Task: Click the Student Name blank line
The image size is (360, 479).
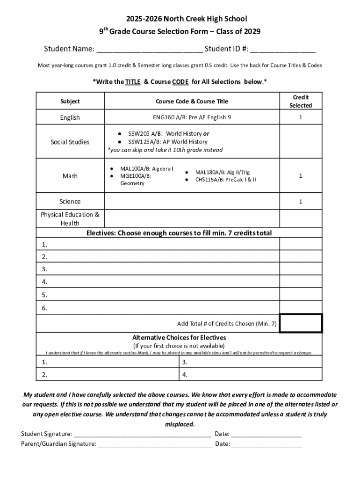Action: pos(150,50)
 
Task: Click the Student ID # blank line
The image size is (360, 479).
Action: pos(285,50)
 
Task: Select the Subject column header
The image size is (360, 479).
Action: pos(70,102)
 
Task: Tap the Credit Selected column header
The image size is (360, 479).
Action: pos(301,102)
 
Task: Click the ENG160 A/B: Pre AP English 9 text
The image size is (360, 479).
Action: pos(192,117)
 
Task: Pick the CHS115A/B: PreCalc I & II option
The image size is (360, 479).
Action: pos(225,179)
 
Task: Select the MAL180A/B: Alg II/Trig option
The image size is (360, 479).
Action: pos(222,172)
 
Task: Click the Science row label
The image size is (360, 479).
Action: pos(70,202)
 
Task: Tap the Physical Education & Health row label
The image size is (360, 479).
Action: pos(70,219)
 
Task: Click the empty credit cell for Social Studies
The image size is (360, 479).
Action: pos(301,142)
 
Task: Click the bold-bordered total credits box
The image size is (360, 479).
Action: pos(301,323)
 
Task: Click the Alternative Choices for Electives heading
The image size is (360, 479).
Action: pos(179,338)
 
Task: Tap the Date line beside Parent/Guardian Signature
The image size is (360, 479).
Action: pos(267,444)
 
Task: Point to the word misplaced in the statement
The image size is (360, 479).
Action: pos(180,424)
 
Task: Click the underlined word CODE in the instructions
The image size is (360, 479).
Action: pos(180,82)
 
